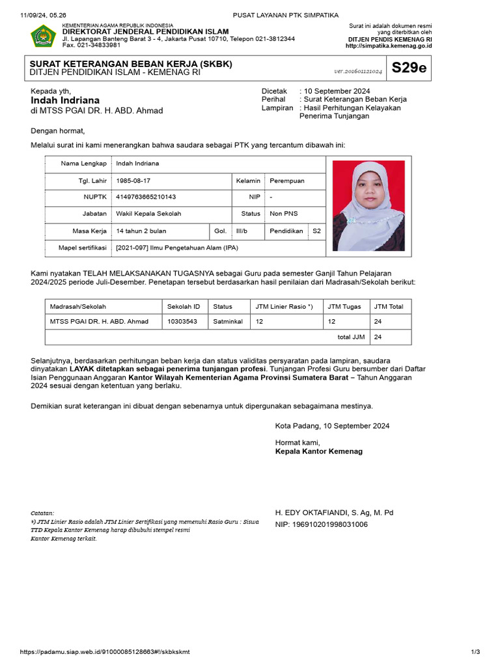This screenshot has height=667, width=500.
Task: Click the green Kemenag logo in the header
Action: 44,36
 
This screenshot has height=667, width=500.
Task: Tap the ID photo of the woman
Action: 368,206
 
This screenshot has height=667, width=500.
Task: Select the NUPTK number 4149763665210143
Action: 145,197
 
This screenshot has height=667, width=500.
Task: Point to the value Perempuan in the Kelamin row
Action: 286,180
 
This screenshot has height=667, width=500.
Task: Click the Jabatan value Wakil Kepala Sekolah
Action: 148,214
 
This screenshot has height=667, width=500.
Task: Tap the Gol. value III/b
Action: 242,231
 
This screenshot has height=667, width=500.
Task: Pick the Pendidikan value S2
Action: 316,231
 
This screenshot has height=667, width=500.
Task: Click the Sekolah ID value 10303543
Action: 182,321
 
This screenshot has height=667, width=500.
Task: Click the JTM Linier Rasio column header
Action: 284,306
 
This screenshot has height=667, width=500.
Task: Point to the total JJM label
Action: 351,337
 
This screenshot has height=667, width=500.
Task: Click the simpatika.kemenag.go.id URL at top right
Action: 388,46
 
